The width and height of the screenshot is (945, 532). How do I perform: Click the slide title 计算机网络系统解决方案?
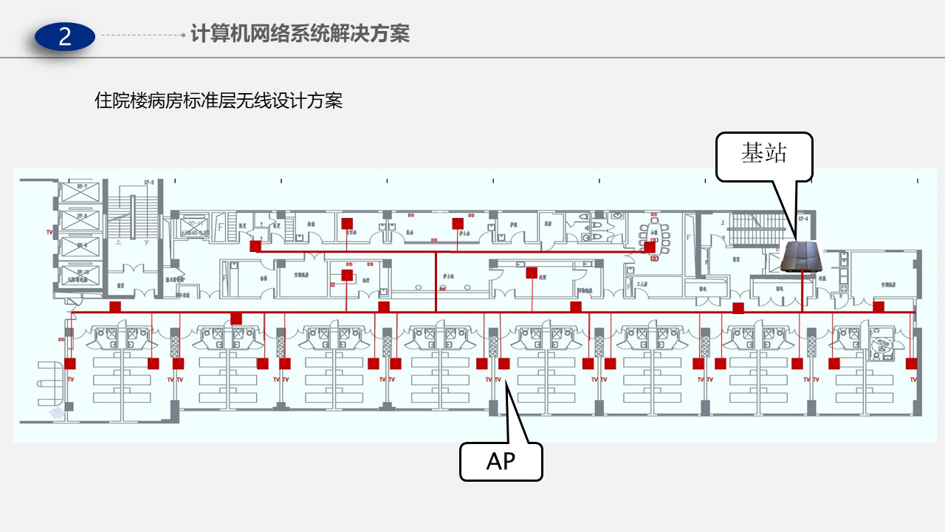[x=300, y=33]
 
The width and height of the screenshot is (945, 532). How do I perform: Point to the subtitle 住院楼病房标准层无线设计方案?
[x=219, y=101]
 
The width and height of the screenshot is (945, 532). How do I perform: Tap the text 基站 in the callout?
[x=764, y=153]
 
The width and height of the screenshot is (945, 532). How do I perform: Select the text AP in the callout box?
[x=501, y=461]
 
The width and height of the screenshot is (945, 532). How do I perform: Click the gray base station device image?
[x=801, y=257]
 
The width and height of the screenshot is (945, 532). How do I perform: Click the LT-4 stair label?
[x=804, y=219]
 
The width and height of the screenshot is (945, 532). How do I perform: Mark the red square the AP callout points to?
[x=504, y=364]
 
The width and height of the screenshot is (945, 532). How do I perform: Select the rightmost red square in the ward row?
[x=911, y=364]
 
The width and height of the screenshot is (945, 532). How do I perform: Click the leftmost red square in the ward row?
[x=70, y=364]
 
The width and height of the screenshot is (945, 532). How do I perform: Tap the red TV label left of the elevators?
[x=50, y=232]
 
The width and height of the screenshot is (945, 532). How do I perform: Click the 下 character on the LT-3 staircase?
[x=146, y=242]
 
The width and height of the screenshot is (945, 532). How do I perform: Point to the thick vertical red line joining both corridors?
[x=436, y=281]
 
